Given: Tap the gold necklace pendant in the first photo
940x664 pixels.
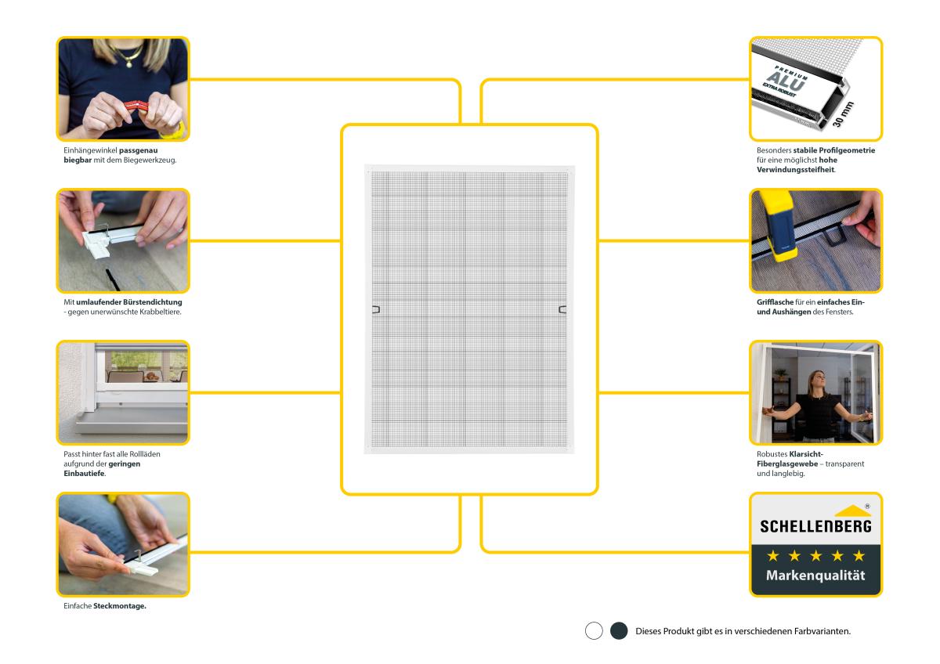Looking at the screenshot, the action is pyautogui.click(x=128, y=64).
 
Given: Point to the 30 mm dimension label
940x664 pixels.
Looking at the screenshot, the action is pyautogui.click(x=843, y=114).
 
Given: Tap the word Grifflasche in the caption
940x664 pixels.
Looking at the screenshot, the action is pyautogui.click(x=775, y=302).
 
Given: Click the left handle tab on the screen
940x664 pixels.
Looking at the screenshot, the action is pyautogui.click(x=375, y=309).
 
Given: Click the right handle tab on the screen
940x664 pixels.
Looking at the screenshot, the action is pyautogui.click(x=562, y=309).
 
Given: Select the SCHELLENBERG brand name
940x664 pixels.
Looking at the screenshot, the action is pyautogui.click(x=815, y=526).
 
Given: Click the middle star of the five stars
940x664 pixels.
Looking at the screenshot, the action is pyautogui.click(x=815, y=556).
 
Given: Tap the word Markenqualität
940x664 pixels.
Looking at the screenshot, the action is pyautogui.click(x=815, y=576).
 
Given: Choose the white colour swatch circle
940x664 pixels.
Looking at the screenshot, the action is pyautogui.click(x=594, y=631).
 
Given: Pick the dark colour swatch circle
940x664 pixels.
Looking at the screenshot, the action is pyautogui.click(x=619, y=631).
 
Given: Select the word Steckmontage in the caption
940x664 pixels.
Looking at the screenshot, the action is pyautogui.click(x=120, y=606).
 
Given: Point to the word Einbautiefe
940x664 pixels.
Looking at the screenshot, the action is pyautogui.click(x=85, y=474).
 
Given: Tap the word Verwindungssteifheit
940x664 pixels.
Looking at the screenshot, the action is pyautogui.click(x=796, y=170).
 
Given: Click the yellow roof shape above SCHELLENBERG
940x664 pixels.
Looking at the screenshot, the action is pyautogui.click(x=852, y=511).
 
